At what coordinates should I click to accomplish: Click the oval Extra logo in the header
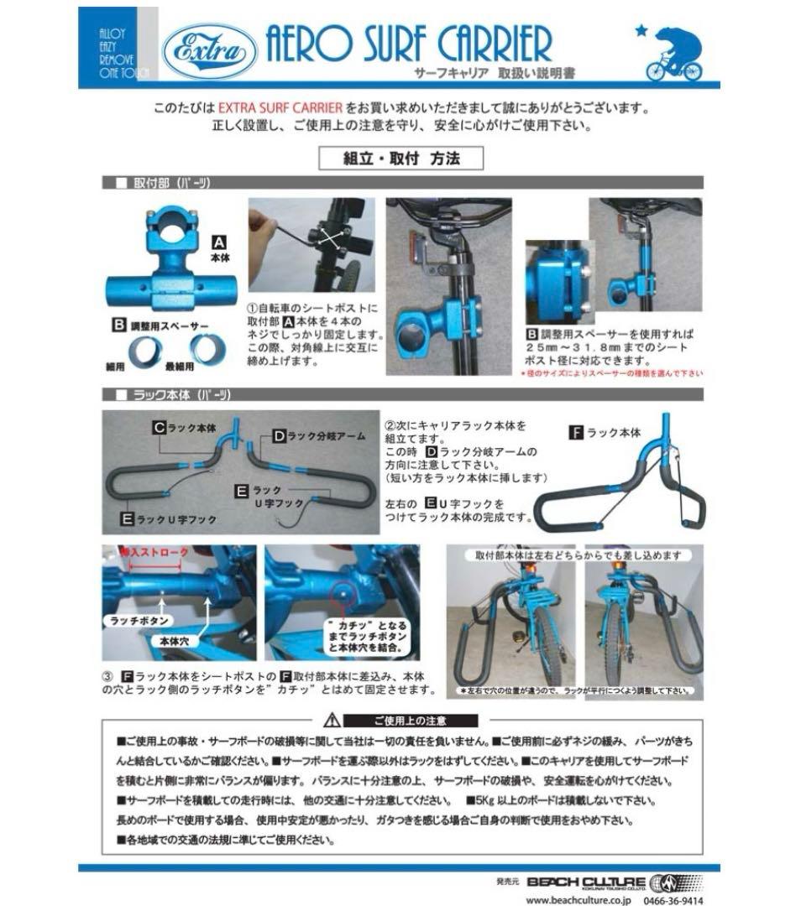(x=210, y=49)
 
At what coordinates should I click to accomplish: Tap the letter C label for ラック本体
(x=158, y=427)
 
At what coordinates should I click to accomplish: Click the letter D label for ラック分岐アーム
(x=279, y=435)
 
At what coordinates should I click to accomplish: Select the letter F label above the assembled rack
(x=576, y=433)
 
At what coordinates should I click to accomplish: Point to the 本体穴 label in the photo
(x=177, y=639)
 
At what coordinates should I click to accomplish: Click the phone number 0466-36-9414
(x=673, y=899)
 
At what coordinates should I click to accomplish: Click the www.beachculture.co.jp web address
(x=579, y=899)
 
